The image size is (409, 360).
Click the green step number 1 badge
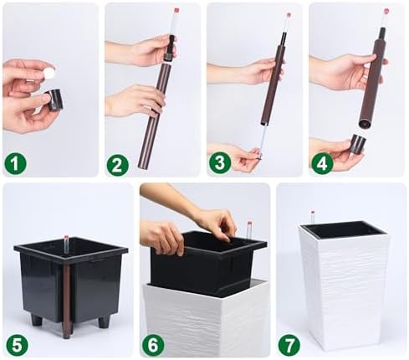[x=15, y=163]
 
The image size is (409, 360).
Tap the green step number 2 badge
[x=117, y=165]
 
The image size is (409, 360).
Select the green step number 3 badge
[x=220, y=162]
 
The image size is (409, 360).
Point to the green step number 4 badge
[x=322, y=163]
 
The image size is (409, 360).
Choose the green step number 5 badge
[x=17, y=345]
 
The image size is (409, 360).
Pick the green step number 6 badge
[x=153, y=345]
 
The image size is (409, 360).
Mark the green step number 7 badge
[x=289, y=345]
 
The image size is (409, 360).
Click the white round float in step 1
[x=49, y=74]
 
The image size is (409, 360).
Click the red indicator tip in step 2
[x=176, y=10]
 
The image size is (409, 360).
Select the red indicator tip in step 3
[x=289, y=14]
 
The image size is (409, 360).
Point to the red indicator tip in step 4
[x=386, y=12]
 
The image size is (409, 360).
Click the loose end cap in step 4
[x=358, y=144]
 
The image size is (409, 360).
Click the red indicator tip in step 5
[x=66, y=238]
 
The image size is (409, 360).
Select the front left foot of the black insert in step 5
[x=37, y=320]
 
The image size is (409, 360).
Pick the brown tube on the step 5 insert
[x=67, y=301]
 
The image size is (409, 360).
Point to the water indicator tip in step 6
[x=249, y=224]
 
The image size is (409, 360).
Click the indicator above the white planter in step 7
[x=313, y=217]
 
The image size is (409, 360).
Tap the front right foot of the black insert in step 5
[x=104, y=321]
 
